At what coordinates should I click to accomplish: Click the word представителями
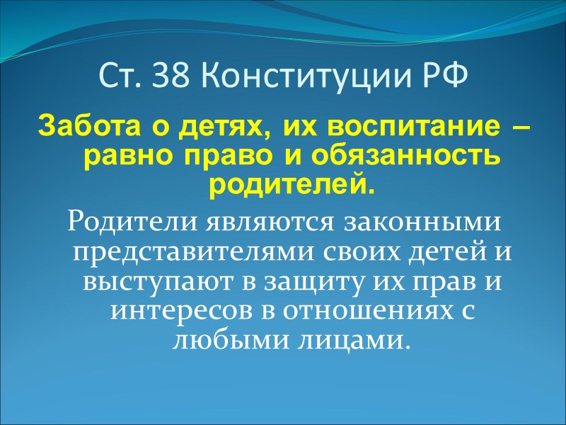[181, 252]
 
